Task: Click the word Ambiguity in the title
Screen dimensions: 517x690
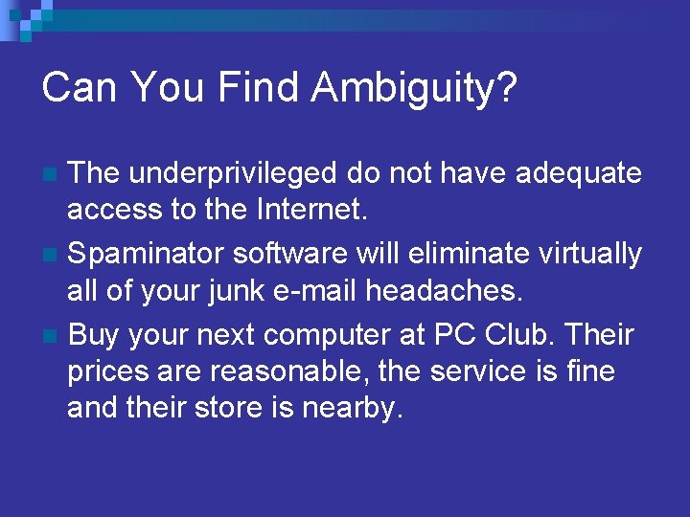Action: (415, 87)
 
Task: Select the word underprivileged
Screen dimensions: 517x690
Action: (233, 173)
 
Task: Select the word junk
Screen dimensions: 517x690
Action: (236, 289)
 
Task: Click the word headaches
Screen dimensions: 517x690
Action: (455, 289)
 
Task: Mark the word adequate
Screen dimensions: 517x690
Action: (579, 173)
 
